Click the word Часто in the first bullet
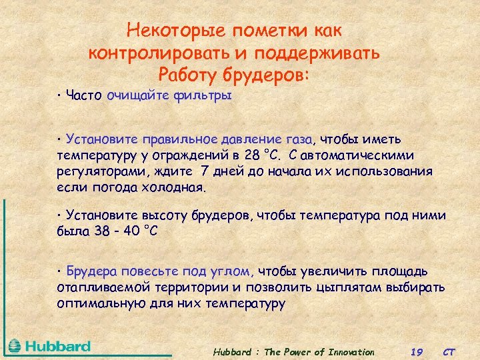click(x=83, y=96)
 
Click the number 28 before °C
click(x=251, y=155)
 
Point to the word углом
click(x=233, y=272)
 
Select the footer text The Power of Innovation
click(x=320, y=352)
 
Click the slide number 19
click(x=417, y=352)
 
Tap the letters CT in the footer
click(x=449, y=352)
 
